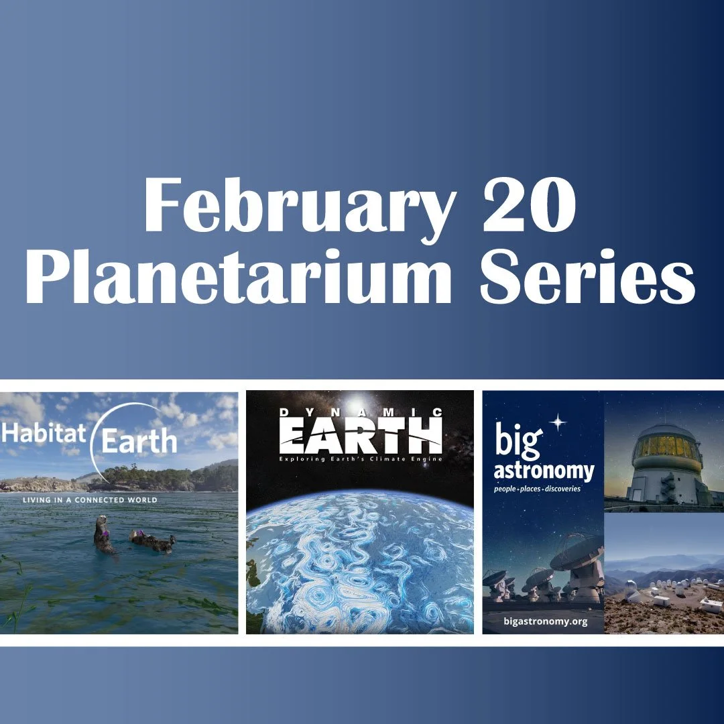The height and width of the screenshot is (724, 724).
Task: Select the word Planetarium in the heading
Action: (x=237, y=276)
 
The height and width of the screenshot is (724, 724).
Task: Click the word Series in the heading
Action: (x=586, y=276)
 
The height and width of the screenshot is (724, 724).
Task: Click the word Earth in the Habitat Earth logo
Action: (x=139, y=442)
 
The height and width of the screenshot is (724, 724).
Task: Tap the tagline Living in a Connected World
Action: (x=90, y=500)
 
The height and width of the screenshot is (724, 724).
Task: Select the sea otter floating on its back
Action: (x=153, y=540)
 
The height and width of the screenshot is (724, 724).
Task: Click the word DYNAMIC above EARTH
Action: (x=360, y=413)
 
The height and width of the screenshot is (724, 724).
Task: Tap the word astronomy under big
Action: (x=544, y=471)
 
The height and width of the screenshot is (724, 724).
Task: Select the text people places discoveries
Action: (x=537, y=489)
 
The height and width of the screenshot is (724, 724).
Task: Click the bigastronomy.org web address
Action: (x=545, y=621)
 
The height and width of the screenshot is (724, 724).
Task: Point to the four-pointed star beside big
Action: (x=558, y=422)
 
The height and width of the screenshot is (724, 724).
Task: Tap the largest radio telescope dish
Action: (x=577, y=554)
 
